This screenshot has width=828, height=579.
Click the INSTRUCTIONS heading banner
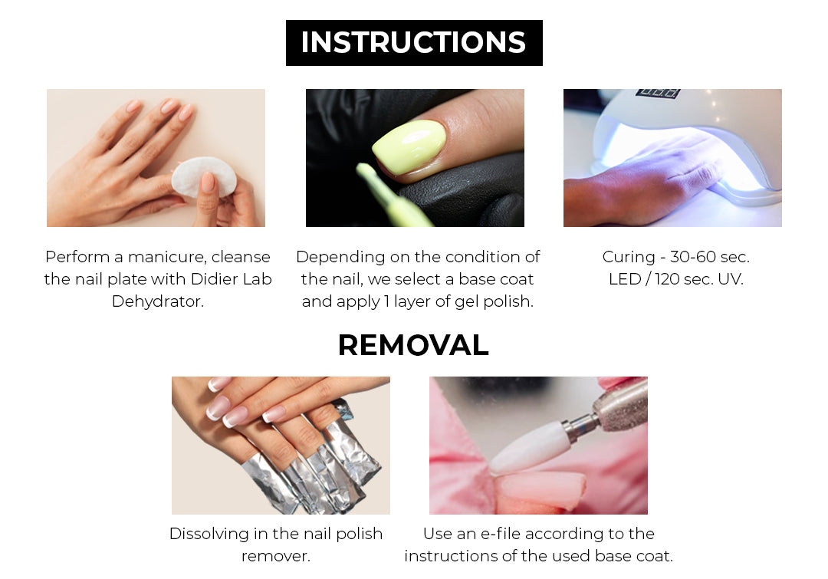coord(414,43)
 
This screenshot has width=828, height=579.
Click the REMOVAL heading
coord(413,346)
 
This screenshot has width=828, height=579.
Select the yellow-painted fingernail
coord(409,147)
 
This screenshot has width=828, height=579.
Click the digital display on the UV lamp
coord(658,93)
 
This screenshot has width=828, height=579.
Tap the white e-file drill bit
coord(531,447)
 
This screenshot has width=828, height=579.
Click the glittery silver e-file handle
coord(620,403)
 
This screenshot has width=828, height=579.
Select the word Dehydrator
coord(157,301)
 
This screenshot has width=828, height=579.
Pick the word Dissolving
coord(209,534)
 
